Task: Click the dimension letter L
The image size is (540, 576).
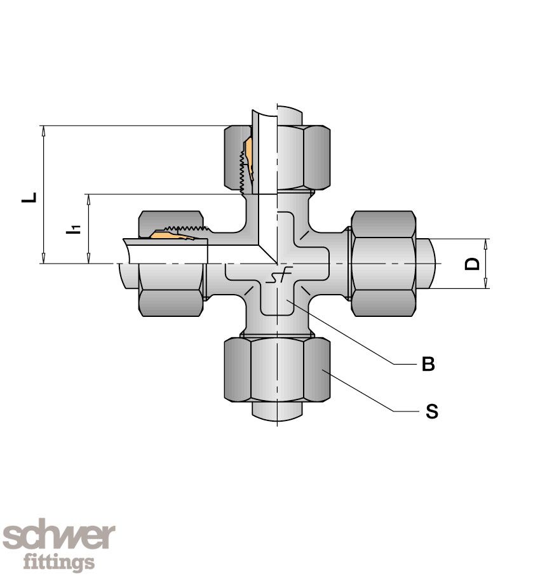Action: [29, 198]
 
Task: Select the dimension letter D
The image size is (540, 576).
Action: [473, 264]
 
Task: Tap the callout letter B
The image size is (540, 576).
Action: [428, 364]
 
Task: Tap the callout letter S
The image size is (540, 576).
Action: [432, 411]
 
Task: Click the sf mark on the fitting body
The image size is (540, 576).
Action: [279, 275]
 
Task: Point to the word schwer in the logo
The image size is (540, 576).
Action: [59, 537]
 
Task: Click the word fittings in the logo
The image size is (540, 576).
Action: [59, 561]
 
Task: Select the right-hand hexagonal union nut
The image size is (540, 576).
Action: [384, 264]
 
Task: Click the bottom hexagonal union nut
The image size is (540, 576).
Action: [277, 370]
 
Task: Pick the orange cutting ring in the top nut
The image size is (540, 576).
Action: [249, 159]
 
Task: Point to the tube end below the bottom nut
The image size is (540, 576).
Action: [277, 411]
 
